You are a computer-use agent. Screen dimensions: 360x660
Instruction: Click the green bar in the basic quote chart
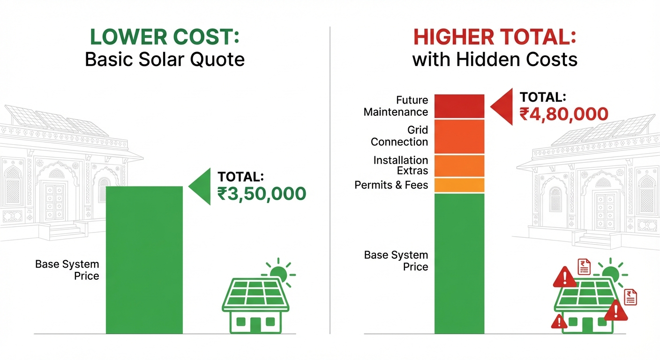(144, 260)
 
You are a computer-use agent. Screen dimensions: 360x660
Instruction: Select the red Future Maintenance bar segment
(459, 106)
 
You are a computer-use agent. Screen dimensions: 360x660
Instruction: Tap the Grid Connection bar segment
(459, 136)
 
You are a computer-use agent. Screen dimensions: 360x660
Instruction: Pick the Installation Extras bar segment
(459, 165)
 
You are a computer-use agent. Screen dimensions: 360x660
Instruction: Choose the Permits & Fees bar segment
(459, 185)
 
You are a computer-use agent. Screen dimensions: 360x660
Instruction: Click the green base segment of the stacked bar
(459, 262)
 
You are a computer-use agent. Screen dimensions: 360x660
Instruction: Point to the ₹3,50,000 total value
(262, 194)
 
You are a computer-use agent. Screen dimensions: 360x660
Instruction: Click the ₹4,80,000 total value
(563, 114)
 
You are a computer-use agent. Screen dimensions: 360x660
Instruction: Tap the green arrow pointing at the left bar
(200, 187)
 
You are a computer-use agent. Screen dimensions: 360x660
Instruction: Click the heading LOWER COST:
(165, 37)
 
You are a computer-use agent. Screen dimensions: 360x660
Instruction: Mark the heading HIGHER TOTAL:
(495, 37)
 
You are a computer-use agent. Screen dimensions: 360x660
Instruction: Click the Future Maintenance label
(396, 106)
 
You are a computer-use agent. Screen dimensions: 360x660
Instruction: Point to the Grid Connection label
(399, 136)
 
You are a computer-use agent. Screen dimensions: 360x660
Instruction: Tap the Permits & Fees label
(391, 185)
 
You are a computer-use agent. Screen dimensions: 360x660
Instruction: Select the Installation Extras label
(401, 165)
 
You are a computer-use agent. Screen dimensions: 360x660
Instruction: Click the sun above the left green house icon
(278, 273)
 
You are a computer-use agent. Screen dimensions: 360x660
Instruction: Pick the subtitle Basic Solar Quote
(165, 60)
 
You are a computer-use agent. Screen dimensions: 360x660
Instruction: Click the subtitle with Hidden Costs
(495, 60)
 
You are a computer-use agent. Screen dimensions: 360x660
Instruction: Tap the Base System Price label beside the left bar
(67, 270)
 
